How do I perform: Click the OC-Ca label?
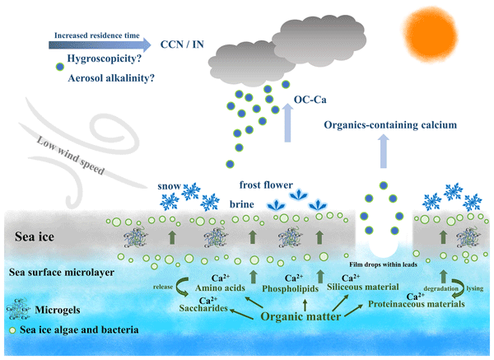(310, 104)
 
